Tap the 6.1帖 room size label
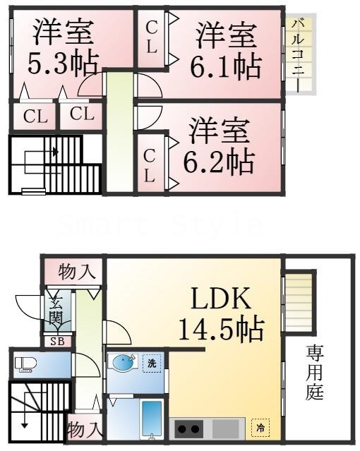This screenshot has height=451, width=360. click(x=225, y=65)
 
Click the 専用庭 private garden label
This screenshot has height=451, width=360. click(x=315, y=372)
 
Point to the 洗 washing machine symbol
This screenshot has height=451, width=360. click(x=151, y=364)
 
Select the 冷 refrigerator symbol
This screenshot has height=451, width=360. click(x=260, y=426)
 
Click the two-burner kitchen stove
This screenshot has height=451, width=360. click(x=188, y=428)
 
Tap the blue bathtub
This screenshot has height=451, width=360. click(x=151, y=420)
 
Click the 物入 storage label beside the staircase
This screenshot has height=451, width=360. click(x=84, y=428)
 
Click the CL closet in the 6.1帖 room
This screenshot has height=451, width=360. click(x=151, y=37)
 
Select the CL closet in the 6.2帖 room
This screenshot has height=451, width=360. click(x=150, y=164)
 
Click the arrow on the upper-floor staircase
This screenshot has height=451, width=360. click(x=55, y=151)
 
